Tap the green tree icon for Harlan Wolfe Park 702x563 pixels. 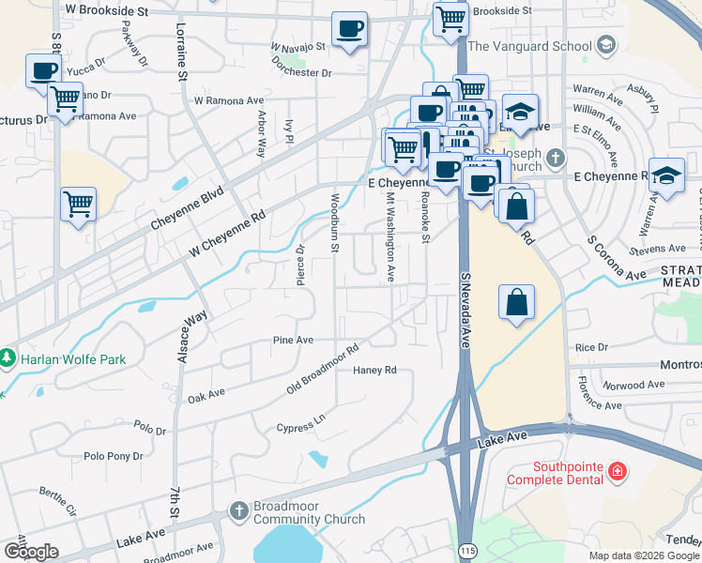coord(8,358)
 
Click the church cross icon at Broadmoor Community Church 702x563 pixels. coord(239,512)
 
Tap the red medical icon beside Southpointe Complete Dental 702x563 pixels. coord(618,469)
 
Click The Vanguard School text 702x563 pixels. coord(529,46)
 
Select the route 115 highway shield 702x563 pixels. coord(466,549)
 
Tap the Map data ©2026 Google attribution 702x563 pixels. coord(643,555)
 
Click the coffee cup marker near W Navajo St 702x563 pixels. coord(349,29)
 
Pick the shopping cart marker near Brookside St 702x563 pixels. coord(450,18)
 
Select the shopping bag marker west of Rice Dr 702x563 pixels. coord(516,302)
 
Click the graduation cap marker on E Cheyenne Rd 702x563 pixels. coord(666,175)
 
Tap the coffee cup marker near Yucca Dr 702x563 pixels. coord(44,70)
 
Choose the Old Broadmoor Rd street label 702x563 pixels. coord(324,371)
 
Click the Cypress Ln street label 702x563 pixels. coord(306,421)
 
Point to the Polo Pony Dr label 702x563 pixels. coord(114,456)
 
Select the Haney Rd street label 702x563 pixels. coord(375,370)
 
